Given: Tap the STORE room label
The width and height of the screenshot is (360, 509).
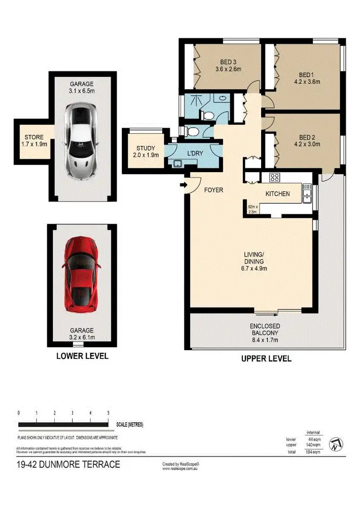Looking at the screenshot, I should pos(31,137).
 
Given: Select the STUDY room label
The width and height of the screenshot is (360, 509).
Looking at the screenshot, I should pos(145,148).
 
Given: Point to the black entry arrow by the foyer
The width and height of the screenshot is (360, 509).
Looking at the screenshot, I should pos(184,185).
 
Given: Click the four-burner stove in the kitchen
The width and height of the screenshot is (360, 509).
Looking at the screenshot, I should pos(275,178).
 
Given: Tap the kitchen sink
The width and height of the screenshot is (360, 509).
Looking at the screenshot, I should pos(307,194).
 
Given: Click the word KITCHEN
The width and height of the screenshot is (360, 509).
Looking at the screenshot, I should pos(277,194).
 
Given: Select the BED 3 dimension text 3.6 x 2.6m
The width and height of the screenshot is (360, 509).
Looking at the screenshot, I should pos(228,69).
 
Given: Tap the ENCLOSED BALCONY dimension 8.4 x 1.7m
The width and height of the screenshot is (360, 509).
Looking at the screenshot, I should pos(264,340).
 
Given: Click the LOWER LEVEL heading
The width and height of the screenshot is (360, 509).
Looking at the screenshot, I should pos(82,356).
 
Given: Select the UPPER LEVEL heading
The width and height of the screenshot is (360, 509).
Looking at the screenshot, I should pos(266,358).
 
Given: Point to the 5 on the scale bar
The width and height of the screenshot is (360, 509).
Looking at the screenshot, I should pos(108,413).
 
